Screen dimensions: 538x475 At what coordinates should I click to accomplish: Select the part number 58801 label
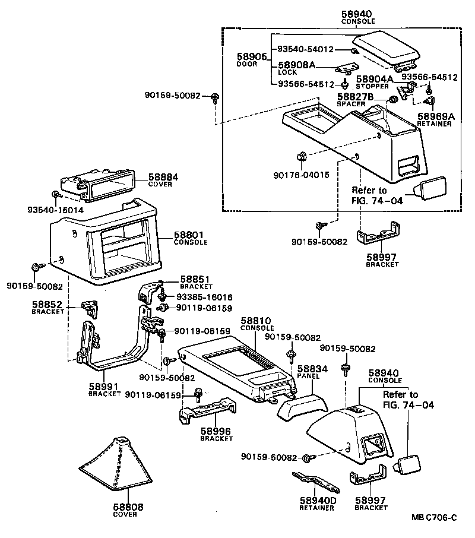[x=190, y=235]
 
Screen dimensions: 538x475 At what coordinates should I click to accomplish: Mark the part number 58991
[x=104, y=387]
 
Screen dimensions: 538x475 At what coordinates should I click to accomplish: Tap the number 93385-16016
[x=203, y=297]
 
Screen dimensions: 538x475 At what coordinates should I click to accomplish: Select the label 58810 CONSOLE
[x=257, y=324]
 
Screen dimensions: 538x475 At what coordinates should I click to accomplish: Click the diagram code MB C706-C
[x=433, y=517]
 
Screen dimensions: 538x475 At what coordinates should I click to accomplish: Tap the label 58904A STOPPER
[x=375, y=81]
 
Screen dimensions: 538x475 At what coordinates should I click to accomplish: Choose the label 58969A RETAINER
[x=435, y=119]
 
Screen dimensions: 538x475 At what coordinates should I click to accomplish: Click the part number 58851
[x=195, y=279]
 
